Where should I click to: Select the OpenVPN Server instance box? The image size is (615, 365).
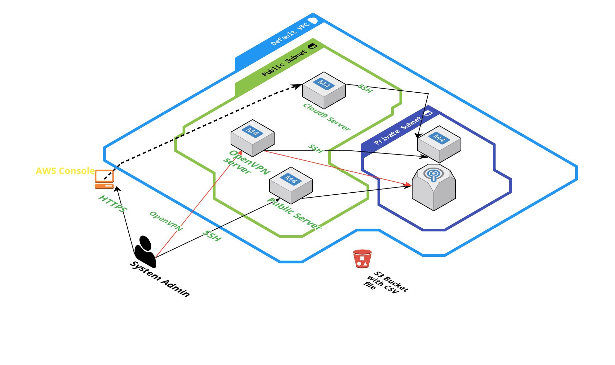[252, 138]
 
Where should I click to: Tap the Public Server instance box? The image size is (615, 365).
[291, 185]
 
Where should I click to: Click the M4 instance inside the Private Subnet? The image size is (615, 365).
[439, 144]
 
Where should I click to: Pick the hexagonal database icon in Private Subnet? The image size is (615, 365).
[433, 187]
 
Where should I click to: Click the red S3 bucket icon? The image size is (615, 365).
[362, 259]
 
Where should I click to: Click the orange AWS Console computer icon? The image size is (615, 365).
[104, 179]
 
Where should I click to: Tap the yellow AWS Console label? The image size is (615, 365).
[65, 171]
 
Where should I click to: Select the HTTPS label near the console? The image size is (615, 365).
[113, 203]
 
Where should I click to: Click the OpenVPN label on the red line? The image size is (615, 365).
[166, 221]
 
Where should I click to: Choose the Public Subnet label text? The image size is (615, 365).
[284, 63]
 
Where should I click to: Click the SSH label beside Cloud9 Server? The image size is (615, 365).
[365, 88]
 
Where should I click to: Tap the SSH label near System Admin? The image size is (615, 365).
[212, 236]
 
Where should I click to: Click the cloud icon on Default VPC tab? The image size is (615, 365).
[313, 21]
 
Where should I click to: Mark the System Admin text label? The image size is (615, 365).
[160, 279]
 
